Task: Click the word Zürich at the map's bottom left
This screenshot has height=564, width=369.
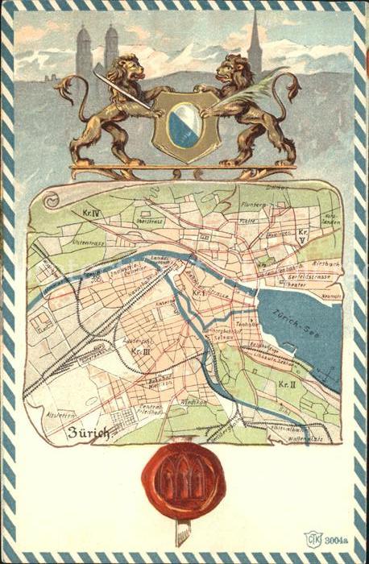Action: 88,432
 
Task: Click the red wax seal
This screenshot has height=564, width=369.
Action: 184,480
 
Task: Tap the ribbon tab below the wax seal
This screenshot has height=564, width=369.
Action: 183,533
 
